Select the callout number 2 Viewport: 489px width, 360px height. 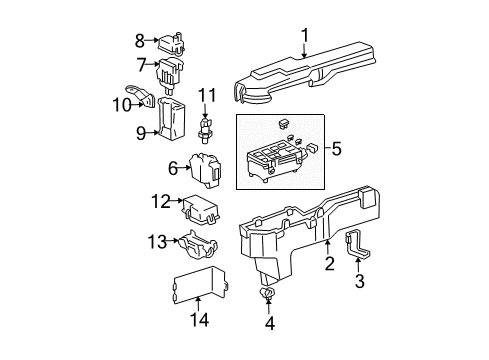328,263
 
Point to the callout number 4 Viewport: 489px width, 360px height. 268,323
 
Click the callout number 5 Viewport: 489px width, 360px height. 336,150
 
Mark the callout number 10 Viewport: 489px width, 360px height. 119,103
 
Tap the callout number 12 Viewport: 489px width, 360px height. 161,202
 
